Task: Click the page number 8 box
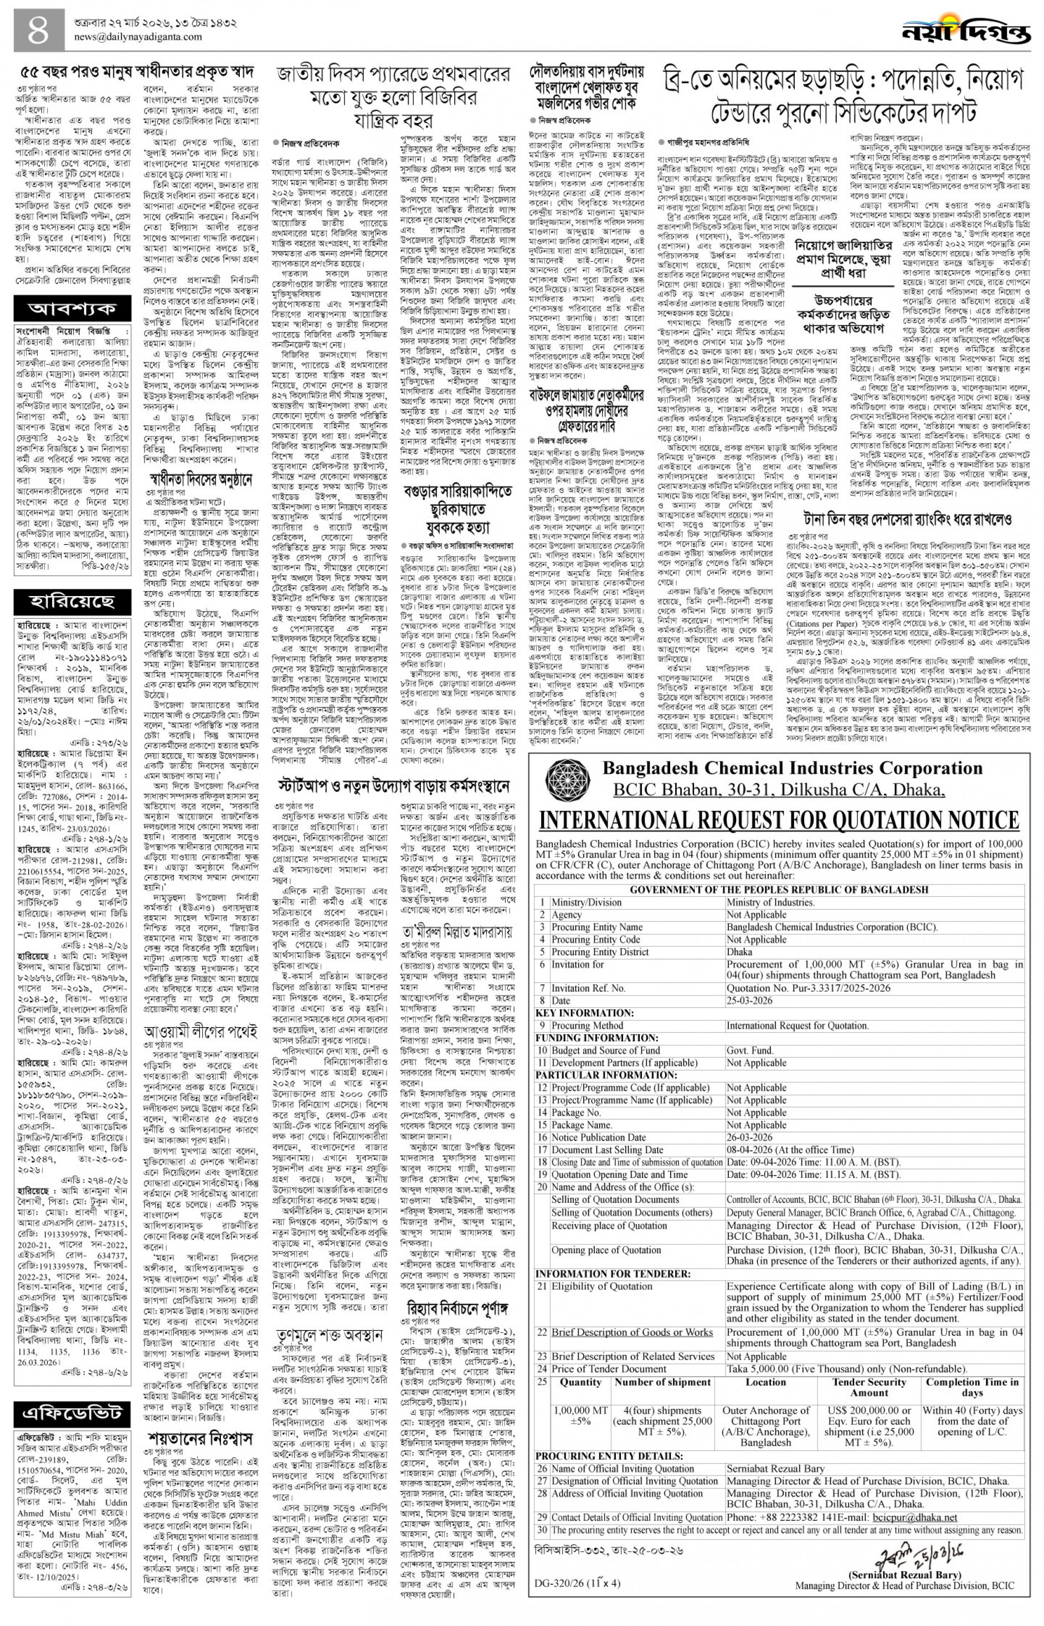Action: (39, 30)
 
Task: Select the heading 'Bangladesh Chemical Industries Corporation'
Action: (792, 768)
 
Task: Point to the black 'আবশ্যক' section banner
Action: (72, 310)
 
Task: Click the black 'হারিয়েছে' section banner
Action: (72, 602)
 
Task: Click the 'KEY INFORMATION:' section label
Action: (584, 1013)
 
